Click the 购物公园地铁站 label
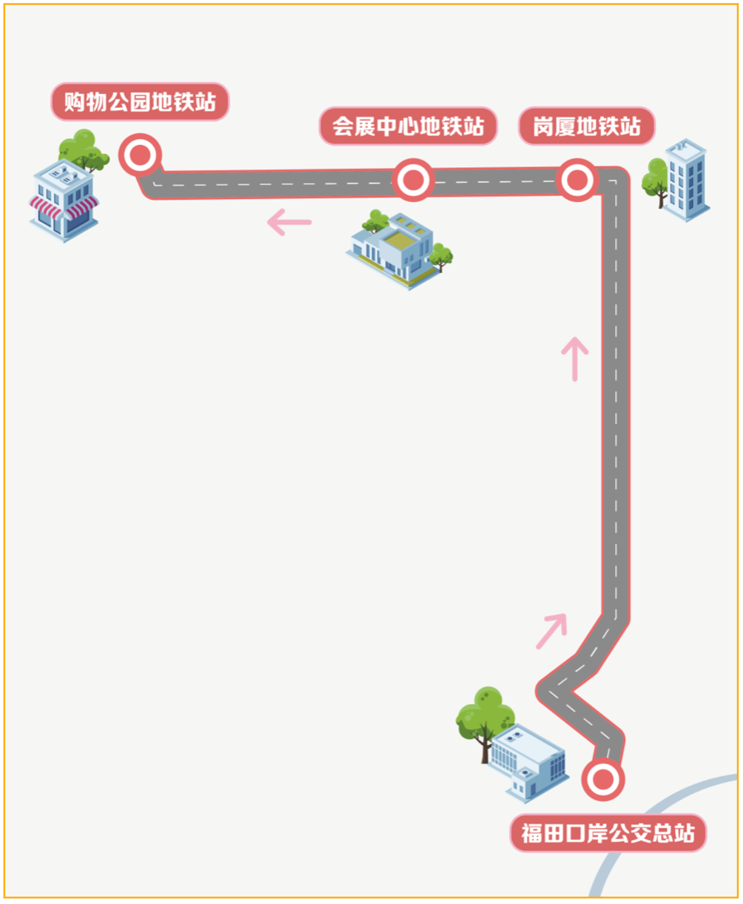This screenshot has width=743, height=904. (140, 102)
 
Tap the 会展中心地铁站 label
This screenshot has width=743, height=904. (408, 127)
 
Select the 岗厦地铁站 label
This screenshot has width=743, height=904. (587, 127)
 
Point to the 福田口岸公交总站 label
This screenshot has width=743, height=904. (608, 834)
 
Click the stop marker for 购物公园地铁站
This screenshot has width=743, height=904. (140, 155)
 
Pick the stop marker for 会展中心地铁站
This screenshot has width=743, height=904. (413, 180)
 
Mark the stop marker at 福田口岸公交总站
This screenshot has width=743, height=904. (603, 779)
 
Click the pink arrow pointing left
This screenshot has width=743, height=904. (289, 221)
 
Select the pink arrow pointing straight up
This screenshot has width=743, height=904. (574, 359)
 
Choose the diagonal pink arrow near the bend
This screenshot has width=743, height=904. (551, 631)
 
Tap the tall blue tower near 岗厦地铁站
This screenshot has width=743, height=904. (686, 179)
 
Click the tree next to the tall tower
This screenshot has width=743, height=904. (655, 181)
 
